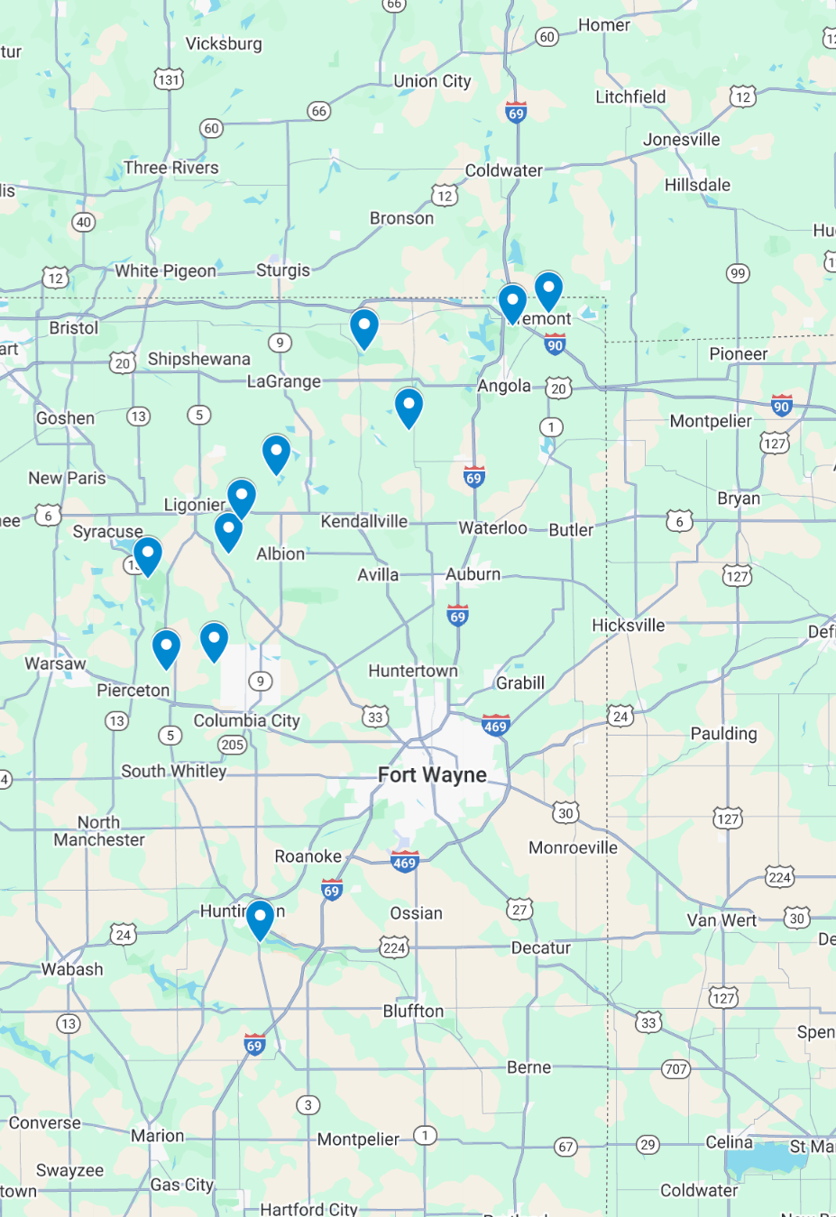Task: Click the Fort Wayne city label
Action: (x=432, y=775)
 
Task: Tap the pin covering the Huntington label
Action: (x=260, y=919)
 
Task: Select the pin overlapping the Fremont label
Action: (x=512, y=302)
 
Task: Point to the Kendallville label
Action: (x=364, y=522)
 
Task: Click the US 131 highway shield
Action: (x=169, y=79)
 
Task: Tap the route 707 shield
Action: (x=675, y=1069)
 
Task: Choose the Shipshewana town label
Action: (x=199, y=359)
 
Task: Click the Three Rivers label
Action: (x=171, y=168)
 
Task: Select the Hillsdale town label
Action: (x=697, y=185)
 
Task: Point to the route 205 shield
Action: (x=233, y=745)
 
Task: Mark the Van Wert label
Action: (x=721, y=920)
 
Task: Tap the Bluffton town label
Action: (x=413, y=1011)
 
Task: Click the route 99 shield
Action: (x=738, y=273)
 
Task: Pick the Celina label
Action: (x=729, y=1142)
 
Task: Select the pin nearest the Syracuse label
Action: (x=148, y=554)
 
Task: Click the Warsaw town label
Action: (x=55, y=663)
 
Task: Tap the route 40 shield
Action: (x=84, y=222)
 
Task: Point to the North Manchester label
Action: (x=99, y=831)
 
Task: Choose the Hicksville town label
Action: (x=628, y=626)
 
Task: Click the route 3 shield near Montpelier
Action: (x=308, y=1105)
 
